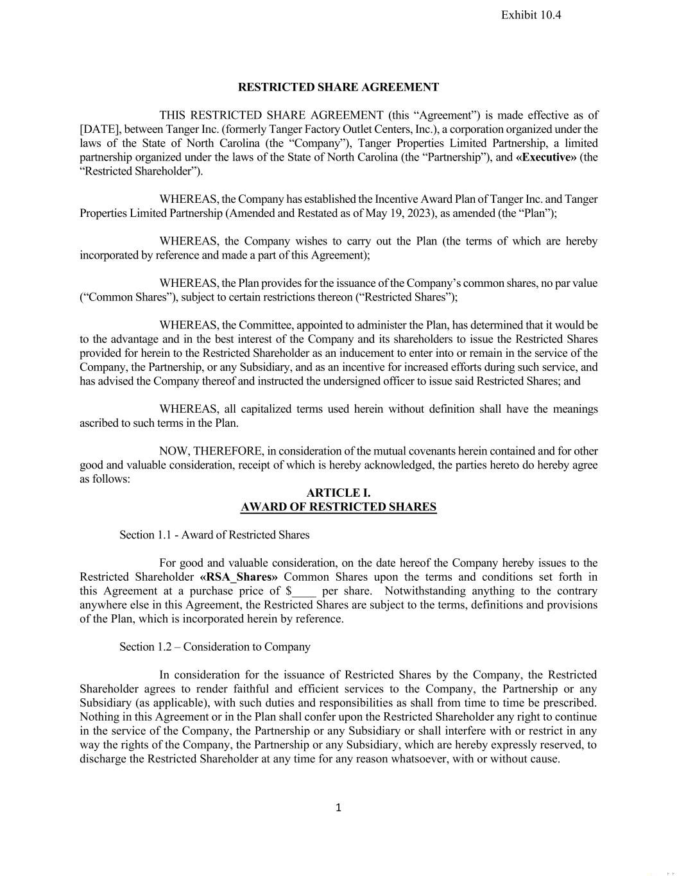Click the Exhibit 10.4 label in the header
(531, 15)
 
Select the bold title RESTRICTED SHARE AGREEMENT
(338, 87)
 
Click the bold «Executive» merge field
(545, 157)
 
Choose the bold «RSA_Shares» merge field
(239, 577)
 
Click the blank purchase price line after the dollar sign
(305, 591)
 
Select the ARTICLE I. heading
(338, 493)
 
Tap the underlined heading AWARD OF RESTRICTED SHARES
(338, 507)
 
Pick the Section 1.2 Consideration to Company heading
(214, 647)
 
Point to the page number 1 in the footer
(338, 807)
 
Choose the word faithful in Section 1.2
(258, 689)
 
